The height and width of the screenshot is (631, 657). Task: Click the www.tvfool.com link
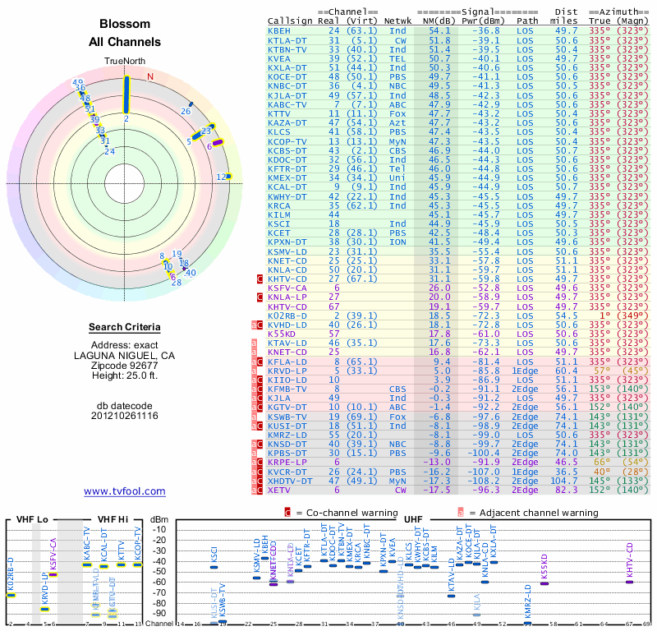pos(125,491)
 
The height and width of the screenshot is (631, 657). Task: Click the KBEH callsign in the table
pos(279,30)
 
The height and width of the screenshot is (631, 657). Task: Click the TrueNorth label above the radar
pos(124,62)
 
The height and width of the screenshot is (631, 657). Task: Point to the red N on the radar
pos(150,76)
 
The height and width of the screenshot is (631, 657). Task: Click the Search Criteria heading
pos(125,327)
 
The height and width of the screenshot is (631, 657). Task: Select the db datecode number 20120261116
pos(125,416)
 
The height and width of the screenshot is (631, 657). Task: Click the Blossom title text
pos(125,24)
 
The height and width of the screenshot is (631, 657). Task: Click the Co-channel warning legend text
pos(338,511)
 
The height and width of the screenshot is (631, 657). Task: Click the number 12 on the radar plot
pos(220,177)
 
